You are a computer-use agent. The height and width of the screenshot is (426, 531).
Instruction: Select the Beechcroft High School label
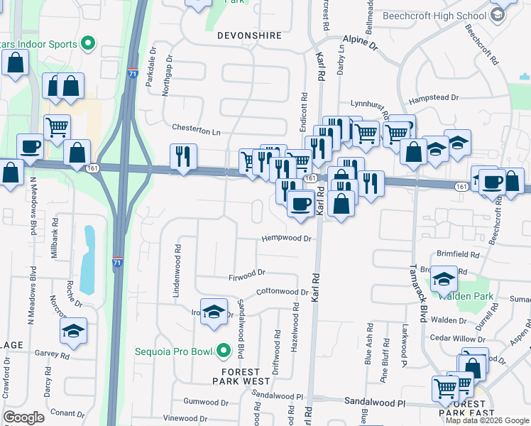coord(434,16)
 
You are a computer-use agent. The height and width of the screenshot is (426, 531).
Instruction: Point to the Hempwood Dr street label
coord(287,239)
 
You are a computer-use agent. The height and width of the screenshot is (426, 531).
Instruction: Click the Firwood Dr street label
coord(246,273)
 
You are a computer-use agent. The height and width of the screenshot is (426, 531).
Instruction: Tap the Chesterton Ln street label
coord(197,131)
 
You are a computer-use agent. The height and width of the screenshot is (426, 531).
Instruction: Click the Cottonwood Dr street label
coord(283,292)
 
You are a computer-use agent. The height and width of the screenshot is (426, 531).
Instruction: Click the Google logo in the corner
coord(24,417)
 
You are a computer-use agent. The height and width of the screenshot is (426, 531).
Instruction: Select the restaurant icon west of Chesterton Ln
coord(183,156)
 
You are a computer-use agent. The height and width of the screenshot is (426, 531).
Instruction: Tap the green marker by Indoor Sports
coord(88,44)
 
